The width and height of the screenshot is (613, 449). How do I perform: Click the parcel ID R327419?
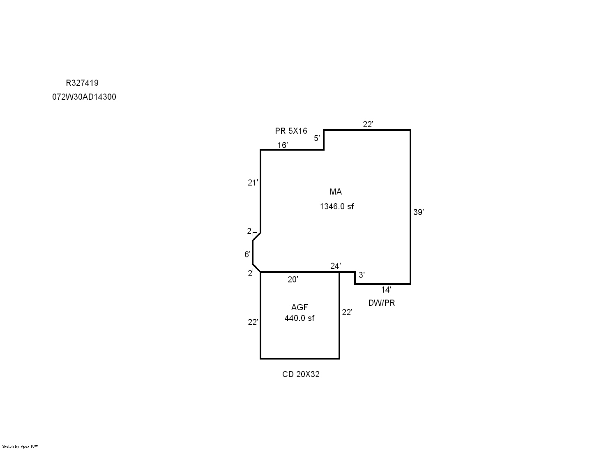pos(82,83)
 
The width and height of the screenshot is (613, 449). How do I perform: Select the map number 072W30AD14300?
pos(84,97)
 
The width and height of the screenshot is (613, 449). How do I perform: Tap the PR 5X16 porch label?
pos(291,131)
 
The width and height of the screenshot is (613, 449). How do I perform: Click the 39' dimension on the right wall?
pos(418,212)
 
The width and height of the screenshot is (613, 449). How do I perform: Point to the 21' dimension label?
pos(253,183)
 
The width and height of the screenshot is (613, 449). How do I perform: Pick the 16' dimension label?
pos(283,145)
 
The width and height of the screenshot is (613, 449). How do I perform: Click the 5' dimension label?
pos(317,138)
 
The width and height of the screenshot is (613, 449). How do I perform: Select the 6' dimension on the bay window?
pos(247,254)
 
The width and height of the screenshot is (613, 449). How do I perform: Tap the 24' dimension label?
pos(336,266)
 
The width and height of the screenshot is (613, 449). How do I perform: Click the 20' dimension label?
pos(293,279)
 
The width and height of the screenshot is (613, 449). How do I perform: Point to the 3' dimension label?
pos(362,275)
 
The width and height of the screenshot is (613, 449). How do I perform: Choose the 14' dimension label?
pos(386,290)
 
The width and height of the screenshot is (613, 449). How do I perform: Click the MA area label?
pos(336,192)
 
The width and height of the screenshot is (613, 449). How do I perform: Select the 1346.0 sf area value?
pos(336,206)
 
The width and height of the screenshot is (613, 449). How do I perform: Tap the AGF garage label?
pos(300,307)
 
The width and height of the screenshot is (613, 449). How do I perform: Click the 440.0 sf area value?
pos(300,318)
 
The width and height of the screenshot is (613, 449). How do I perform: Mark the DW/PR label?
pos(382,303)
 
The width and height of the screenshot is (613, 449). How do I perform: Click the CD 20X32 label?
pos(301,374)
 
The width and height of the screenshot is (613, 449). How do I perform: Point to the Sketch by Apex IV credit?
pos(20,447)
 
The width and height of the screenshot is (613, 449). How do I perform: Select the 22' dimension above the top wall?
pos(368,124)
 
